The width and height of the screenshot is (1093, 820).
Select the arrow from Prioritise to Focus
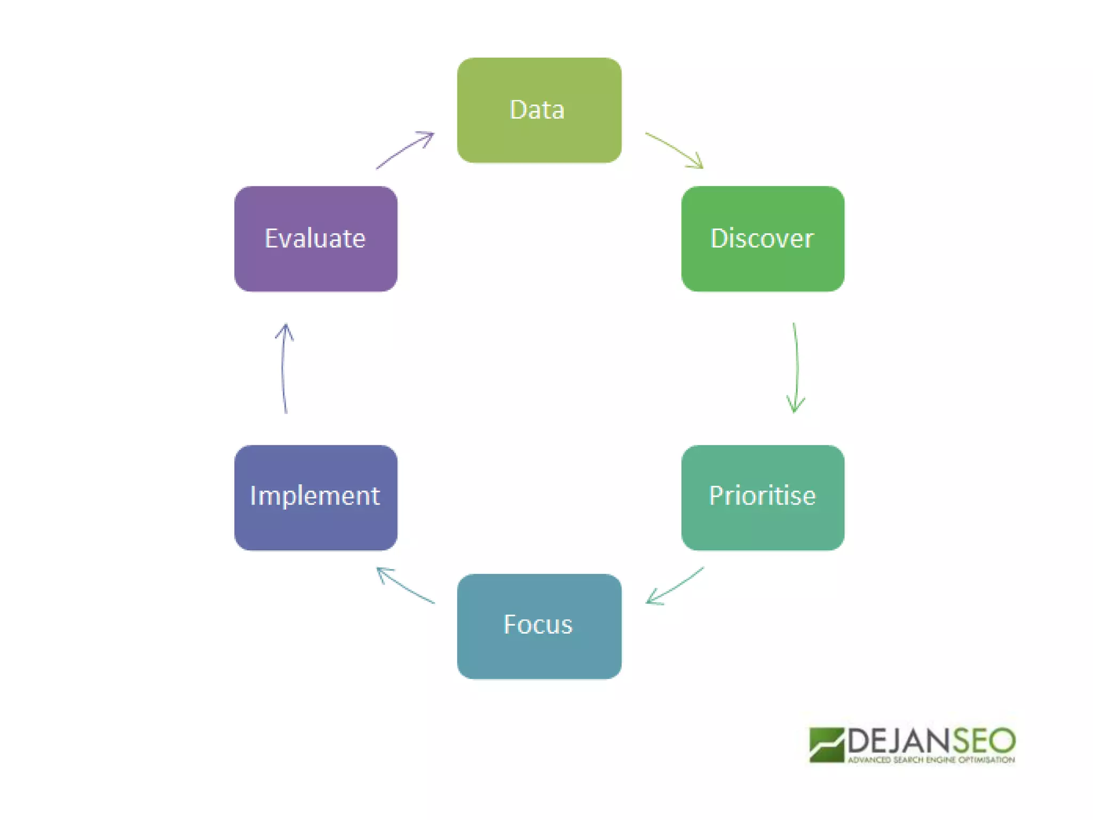pos(675,586)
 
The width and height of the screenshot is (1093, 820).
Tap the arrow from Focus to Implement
pos(405,586)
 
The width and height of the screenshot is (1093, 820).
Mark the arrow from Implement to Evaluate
pos(283,368)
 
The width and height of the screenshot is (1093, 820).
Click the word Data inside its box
pos(537,110)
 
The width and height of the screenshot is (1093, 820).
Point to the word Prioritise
pos(762,495)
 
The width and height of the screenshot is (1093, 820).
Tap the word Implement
pos(315,495)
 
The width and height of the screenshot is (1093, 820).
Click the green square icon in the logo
pos(826,745)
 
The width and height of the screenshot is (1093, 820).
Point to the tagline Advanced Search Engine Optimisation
pos(931,760)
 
